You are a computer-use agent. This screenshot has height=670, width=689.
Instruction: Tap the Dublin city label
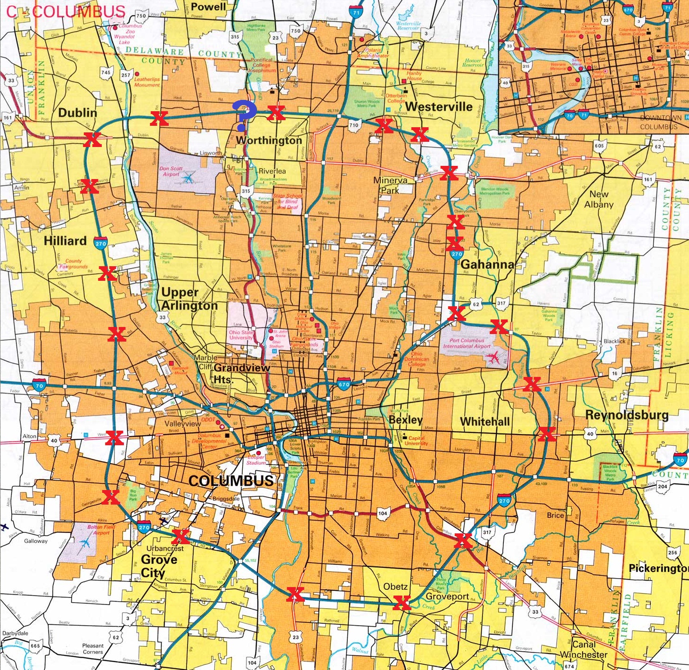point(78,113)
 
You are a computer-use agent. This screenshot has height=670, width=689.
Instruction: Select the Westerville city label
point(439,106)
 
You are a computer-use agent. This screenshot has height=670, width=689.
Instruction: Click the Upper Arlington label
point(189,299)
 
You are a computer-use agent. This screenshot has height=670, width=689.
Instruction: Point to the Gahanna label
point(487,264)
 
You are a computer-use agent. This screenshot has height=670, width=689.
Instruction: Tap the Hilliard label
point(65,241)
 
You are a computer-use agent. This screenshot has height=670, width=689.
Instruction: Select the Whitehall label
point(485,421)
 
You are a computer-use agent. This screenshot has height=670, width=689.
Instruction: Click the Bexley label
point(405,419)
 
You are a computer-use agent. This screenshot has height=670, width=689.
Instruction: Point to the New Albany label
point(599,199)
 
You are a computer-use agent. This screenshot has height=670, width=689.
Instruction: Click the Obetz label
point(395,587)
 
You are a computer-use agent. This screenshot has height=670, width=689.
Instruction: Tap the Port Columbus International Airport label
point(467,343)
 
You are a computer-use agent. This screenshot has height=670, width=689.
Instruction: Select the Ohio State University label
point(241,335)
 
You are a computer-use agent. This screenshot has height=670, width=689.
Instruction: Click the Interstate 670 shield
point(344,384)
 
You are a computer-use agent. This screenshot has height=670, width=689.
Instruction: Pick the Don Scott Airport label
point(171,171)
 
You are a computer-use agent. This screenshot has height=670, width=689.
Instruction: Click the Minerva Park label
point(390,185)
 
